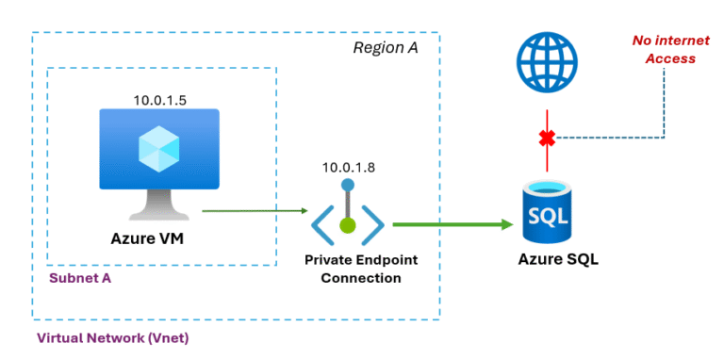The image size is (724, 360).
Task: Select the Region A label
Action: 385,48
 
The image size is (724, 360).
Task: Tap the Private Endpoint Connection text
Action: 348,269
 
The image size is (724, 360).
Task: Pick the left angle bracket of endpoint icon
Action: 321,225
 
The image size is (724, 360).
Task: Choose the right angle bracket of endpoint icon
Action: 373,225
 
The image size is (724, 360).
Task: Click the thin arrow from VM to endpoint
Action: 255,211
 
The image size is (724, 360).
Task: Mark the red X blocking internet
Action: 546,139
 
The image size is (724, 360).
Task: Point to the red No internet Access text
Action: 665,50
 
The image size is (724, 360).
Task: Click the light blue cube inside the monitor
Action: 159,147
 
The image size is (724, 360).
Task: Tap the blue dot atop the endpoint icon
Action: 348,186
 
